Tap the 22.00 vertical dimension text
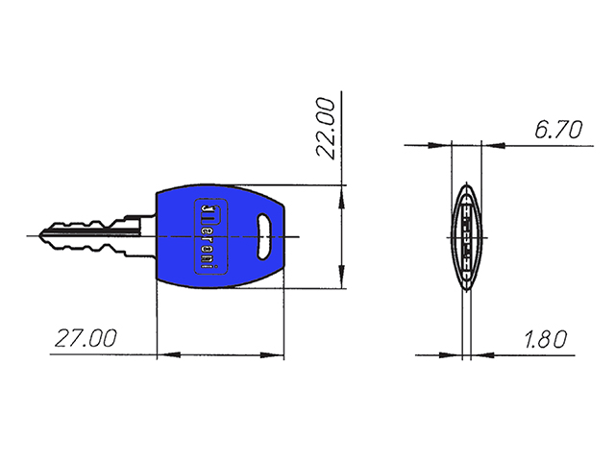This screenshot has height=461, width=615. [326, 127]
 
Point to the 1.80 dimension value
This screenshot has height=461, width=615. [544, 339]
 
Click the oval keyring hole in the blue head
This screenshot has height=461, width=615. [264, 235]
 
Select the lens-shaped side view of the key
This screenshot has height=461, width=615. [464, 235]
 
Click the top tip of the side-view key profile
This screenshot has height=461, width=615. [464, 183]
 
